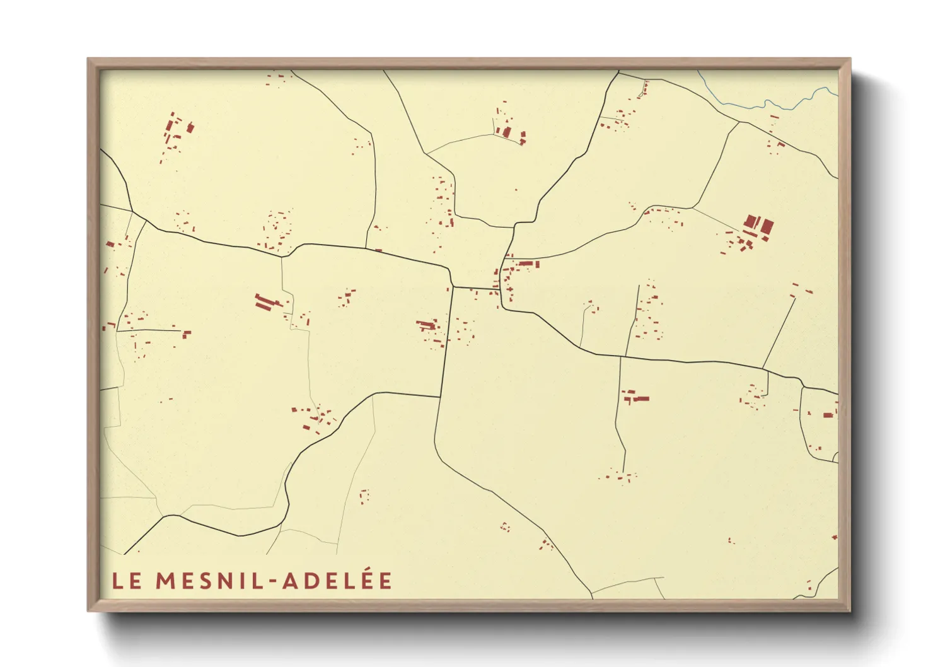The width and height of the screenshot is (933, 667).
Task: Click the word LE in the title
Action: tap(127, 581)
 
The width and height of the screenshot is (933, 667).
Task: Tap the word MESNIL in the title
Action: tap(209, 581)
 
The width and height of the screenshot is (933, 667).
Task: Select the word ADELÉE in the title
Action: tap(337, 581)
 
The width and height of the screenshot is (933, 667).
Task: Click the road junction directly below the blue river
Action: tap(739, 122)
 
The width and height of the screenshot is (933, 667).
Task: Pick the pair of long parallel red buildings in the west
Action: tap(269, 301)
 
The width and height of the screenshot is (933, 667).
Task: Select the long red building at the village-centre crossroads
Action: tap(528, 264)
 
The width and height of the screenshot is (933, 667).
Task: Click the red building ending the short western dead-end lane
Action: tap(187, 333)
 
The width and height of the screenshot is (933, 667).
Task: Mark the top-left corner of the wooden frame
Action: tap(88, 59)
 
